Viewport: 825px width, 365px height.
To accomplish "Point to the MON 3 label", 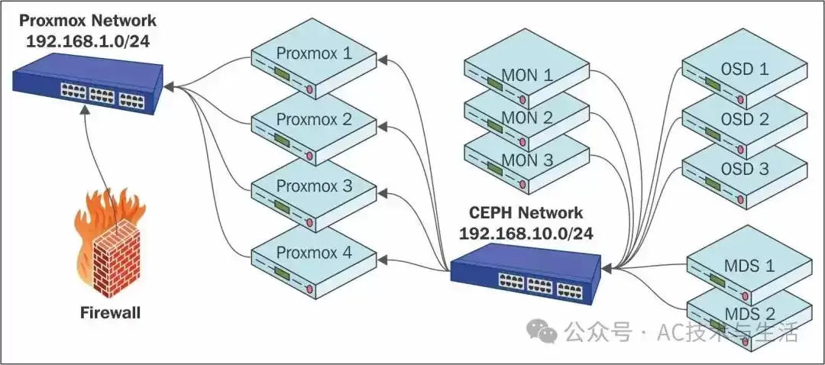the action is pyautogui.click(x=526, y=160).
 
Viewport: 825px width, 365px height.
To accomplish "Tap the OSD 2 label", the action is pyautogui.click(x=745, y=119).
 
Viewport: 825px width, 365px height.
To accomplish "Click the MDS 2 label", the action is pyautogui.click(x=750, y=314).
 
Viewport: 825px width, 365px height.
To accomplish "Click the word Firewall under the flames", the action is pyautogui.click(x=110, y=313).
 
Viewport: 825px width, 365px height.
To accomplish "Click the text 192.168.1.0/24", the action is pyautogui.click(x=88, y=40).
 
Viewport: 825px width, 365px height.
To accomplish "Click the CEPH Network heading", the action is pyautogui.click(x=526, y=212).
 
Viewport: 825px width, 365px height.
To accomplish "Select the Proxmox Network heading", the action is pyautogui.click(x=88, y=21).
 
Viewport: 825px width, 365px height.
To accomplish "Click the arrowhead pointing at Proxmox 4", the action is pyautogui.click(x=383, y=258).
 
